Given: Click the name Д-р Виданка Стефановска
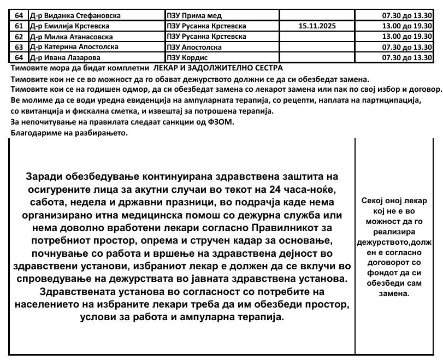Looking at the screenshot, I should coord(75,15).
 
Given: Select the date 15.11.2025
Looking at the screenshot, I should coord(318,26).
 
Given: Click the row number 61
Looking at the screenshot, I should coord(19,26).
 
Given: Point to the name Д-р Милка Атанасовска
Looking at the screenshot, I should coord(71,37).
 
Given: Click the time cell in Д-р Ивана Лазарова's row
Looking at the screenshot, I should coord(407,57).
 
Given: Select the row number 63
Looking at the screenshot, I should coord(19,47).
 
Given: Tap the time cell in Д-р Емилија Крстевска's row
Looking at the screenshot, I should coord(407,26).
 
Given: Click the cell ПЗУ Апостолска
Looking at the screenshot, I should coord(194,47).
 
